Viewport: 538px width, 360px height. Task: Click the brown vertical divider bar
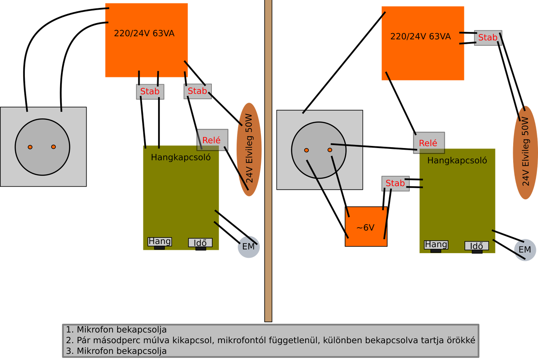(269, 160)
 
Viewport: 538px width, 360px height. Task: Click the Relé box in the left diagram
(212, 140)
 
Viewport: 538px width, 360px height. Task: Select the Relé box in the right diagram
(428, 143)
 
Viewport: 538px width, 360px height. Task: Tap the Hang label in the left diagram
(160, 241)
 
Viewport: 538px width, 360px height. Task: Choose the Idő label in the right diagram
(476, 246)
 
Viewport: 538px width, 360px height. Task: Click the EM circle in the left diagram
(248, 246)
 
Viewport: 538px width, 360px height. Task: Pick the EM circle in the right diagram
(525, 250)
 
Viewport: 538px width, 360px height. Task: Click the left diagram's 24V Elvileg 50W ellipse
(249, 149)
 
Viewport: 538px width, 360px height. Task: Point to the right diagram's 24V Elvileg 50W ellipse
(525, 152)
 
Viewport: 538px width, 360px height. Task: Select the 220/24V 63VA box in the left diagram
(146, 40)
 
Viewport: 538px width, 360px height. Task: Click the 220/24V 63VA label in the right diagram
(420, 37)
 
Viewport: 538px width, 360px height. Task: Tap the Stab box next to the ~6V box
(395, 183)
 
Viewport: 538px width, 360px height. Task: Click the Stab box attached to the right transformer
(488, 37)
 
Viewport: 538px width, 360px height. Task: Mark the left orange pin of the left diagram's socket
(30, 147)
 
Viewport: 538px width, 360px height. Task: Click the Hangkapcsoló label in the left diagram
(181, 158)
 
